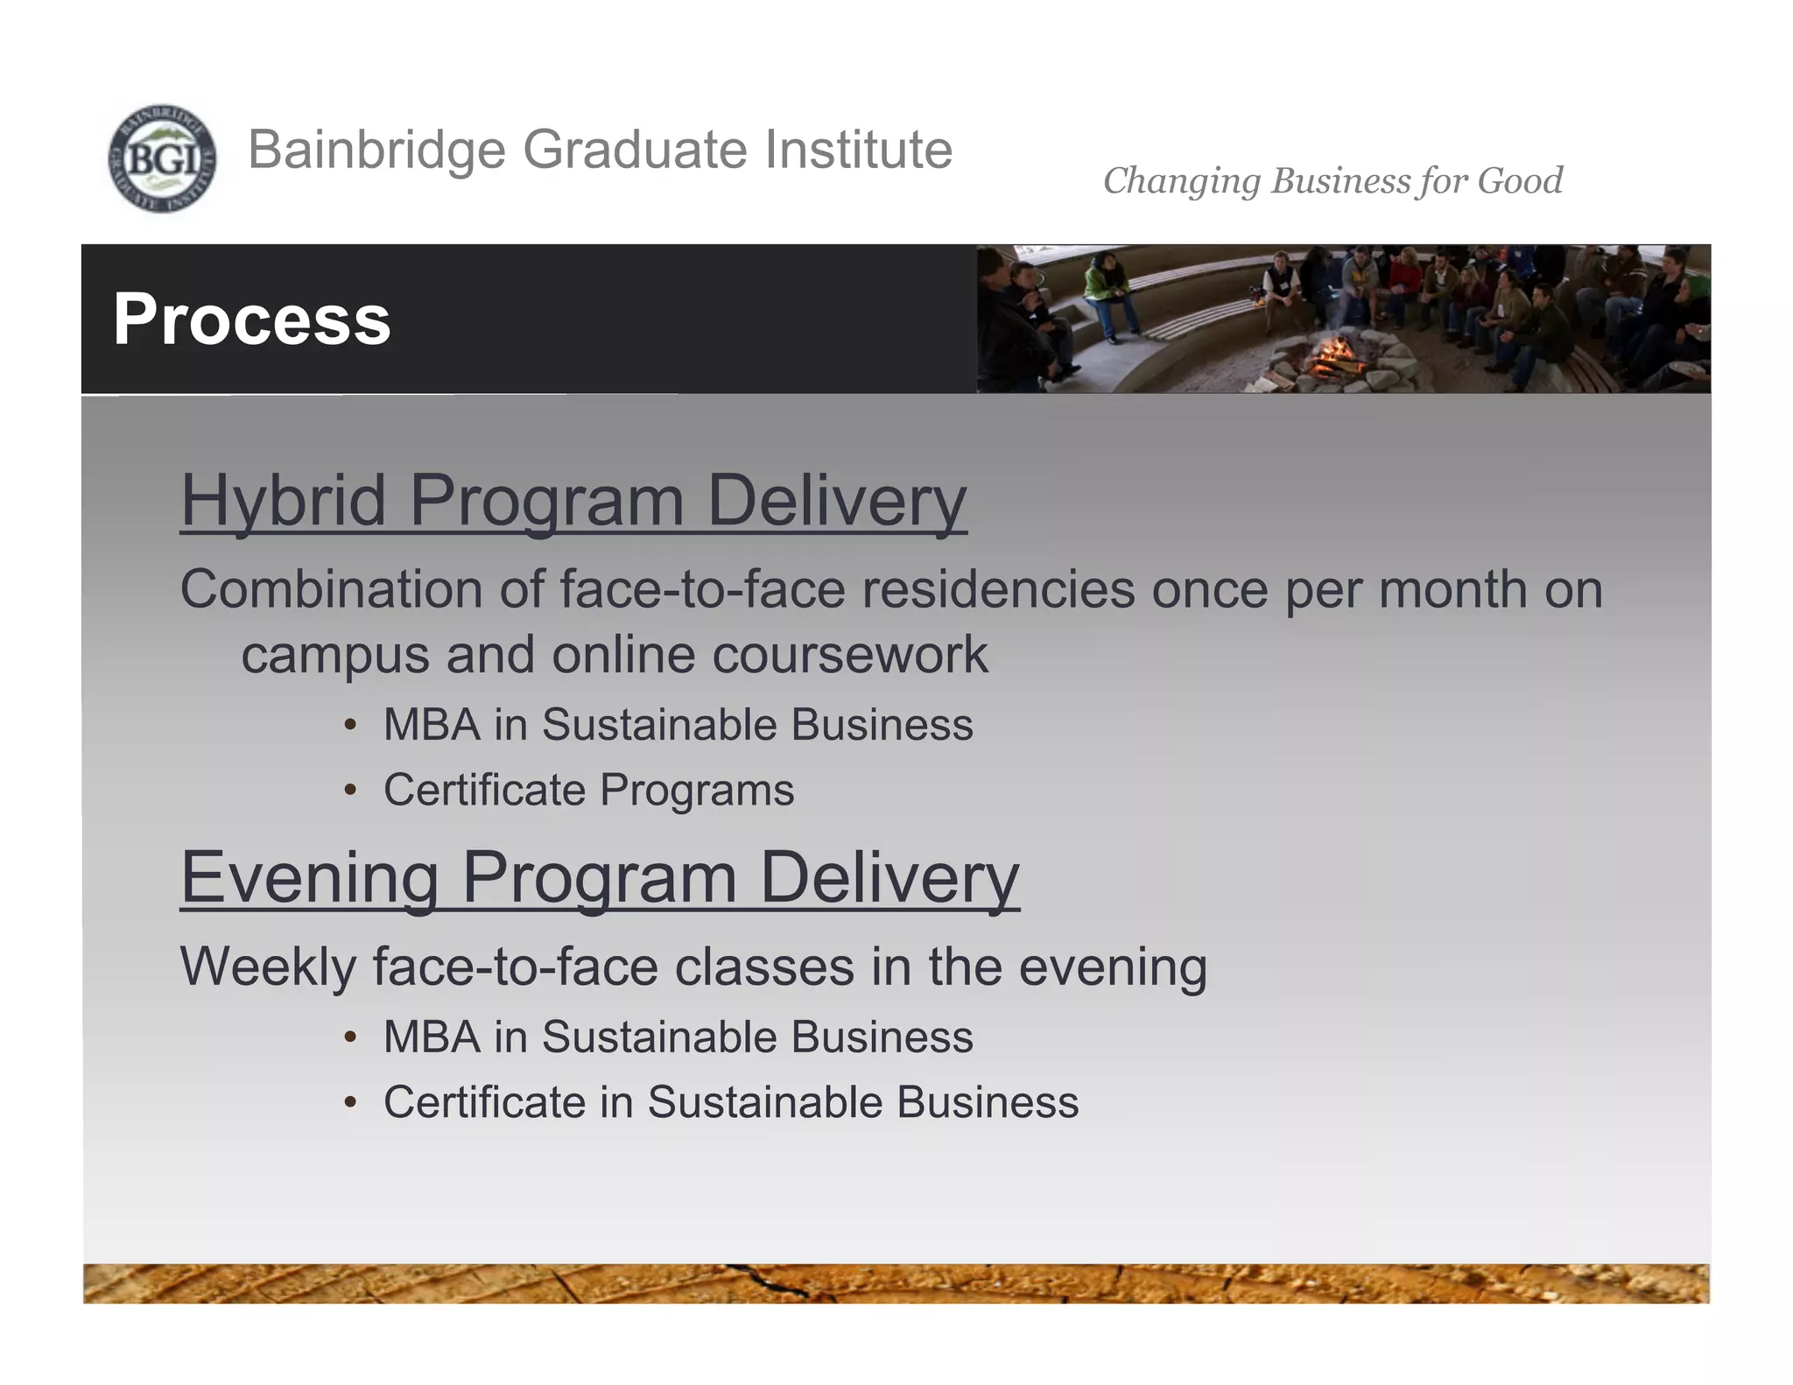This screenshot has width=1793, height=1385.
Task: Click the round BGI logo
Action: click(x=162, y=158)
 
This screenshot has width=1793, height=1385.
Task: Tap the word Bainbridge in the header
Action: click(x=376, y=150)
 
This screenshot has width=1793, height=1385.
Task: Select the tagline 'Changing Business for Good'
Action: click(x=1332, y=181)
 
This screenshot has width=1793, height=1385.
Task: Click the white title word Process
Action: click(x=252, y=320)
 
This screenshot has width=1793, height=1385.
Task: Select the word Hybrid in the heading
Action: click(x=283, y=501)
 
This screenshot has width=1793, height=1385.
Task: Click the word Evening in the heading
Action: click(x=309, y=878)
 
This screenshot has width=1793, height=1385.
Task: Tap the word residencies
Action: click(x=998, y=589)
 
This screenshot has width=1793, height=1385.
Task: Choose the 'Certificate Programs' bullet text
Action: click(x=588, y=790)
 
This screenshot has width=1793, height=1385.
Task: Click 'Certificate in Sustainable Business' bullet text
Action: click(x=731, y=1101)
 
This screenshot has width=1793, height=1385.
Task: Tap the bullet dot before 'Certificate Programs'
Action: click(x=350, y=791)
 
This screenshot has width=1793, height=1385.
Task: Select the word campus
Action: click(x=335, y=655)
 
